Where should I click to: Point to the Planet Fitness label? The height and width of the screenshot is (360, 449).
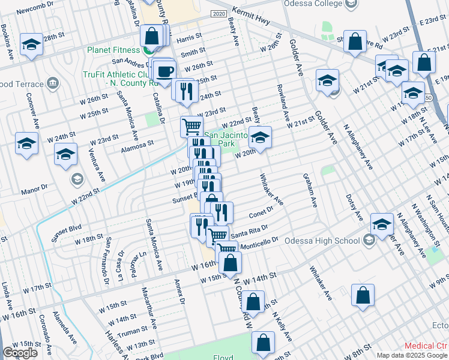(114, 50)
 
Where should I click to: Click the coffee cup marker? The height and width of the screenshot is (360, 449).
(165, 71)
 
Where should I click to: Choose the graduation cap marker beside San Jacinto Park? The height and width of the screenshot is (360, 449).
(260, 138)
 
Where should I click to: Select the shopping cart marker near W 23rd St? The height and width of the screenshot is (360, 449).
(191, 126)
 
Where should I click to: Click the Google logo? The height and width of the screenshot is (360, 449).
(20, 353)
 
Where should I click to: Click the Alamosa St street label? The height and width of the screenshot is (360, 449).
(137, 143)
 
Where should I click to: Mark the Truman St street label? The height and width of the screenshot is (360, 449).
(133, 331)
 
